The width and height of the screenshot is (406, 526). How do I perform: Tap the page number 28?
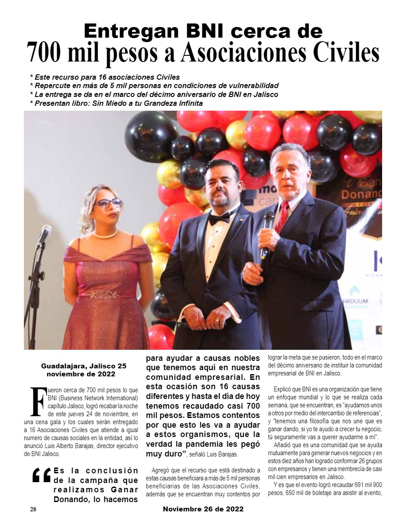coord(33,509)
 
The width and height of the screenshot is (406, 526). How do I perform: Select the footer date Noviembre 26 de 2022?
coord(203,509)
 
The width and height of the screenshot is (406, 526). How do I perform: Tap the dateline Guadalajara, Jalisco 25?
coord(84,367)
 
